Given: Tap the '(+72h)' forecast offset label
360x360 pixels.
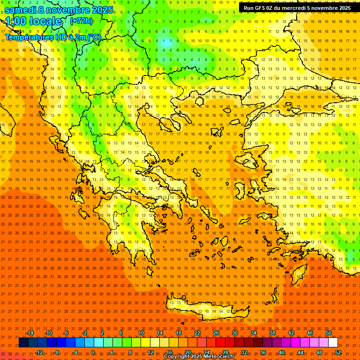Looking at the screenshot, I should [x=81, y=21].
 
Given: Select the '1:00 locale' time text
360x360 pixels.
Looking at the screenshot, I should [x=34, y=21].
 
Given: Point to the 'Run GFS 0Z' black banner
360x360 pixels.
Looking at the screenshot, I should [x=297, y=8].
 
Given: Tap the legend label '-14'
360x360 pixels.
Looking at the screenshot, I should [x=30, y=333].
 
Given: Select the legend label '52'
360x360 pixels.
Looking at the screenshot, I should [x=337, y=352].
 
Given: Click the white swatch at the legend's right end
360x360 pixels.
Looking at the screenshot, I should [x=333, y=343].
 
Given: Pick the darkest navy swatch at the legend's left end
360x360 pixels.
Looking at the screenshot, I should [x=24, y=343].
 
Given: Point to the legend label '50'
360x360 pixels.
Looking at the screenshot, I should [x=329, y=333].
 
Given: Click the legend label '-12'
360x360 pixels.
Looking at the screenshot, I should [x=39, y=352].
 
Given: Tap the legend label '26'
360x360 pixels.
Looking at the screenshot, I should [x=216, y=333].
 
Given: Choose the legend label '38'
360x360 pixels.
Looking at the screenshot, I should [x=272, y=333].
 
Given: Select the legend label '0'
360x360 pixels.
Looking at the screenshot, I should [x=93, y=352].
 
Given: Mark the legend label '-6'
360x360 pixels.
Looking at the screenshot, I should [x=66, y=333].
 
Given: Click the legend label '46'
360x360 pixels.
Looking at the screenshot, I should [x=310, y=333].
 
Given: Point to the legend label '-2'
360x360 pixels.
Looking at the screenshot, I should [x=84, y=333].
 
